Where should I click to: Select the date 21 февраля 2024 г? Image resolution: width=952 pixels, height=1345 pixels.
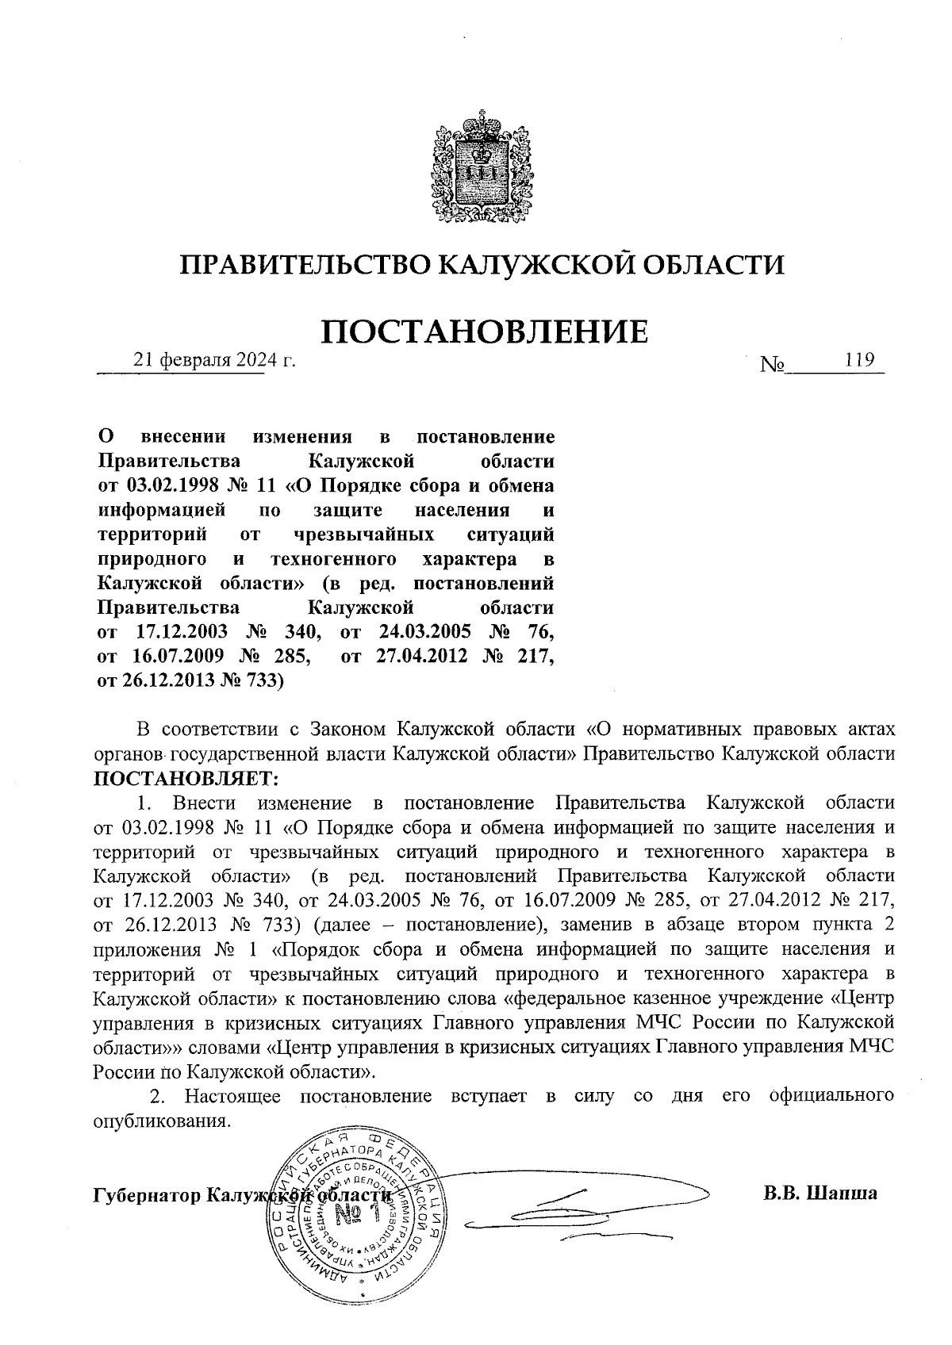(214, 361)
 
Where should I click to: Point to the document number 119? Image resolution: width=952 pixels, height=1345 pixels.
(859, 360)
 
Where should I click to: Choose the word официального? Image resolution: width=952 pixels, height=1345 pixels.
(832, 1096)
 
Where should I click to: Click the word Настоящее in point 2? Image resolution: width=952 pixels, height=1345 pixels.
(235, 1096)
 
